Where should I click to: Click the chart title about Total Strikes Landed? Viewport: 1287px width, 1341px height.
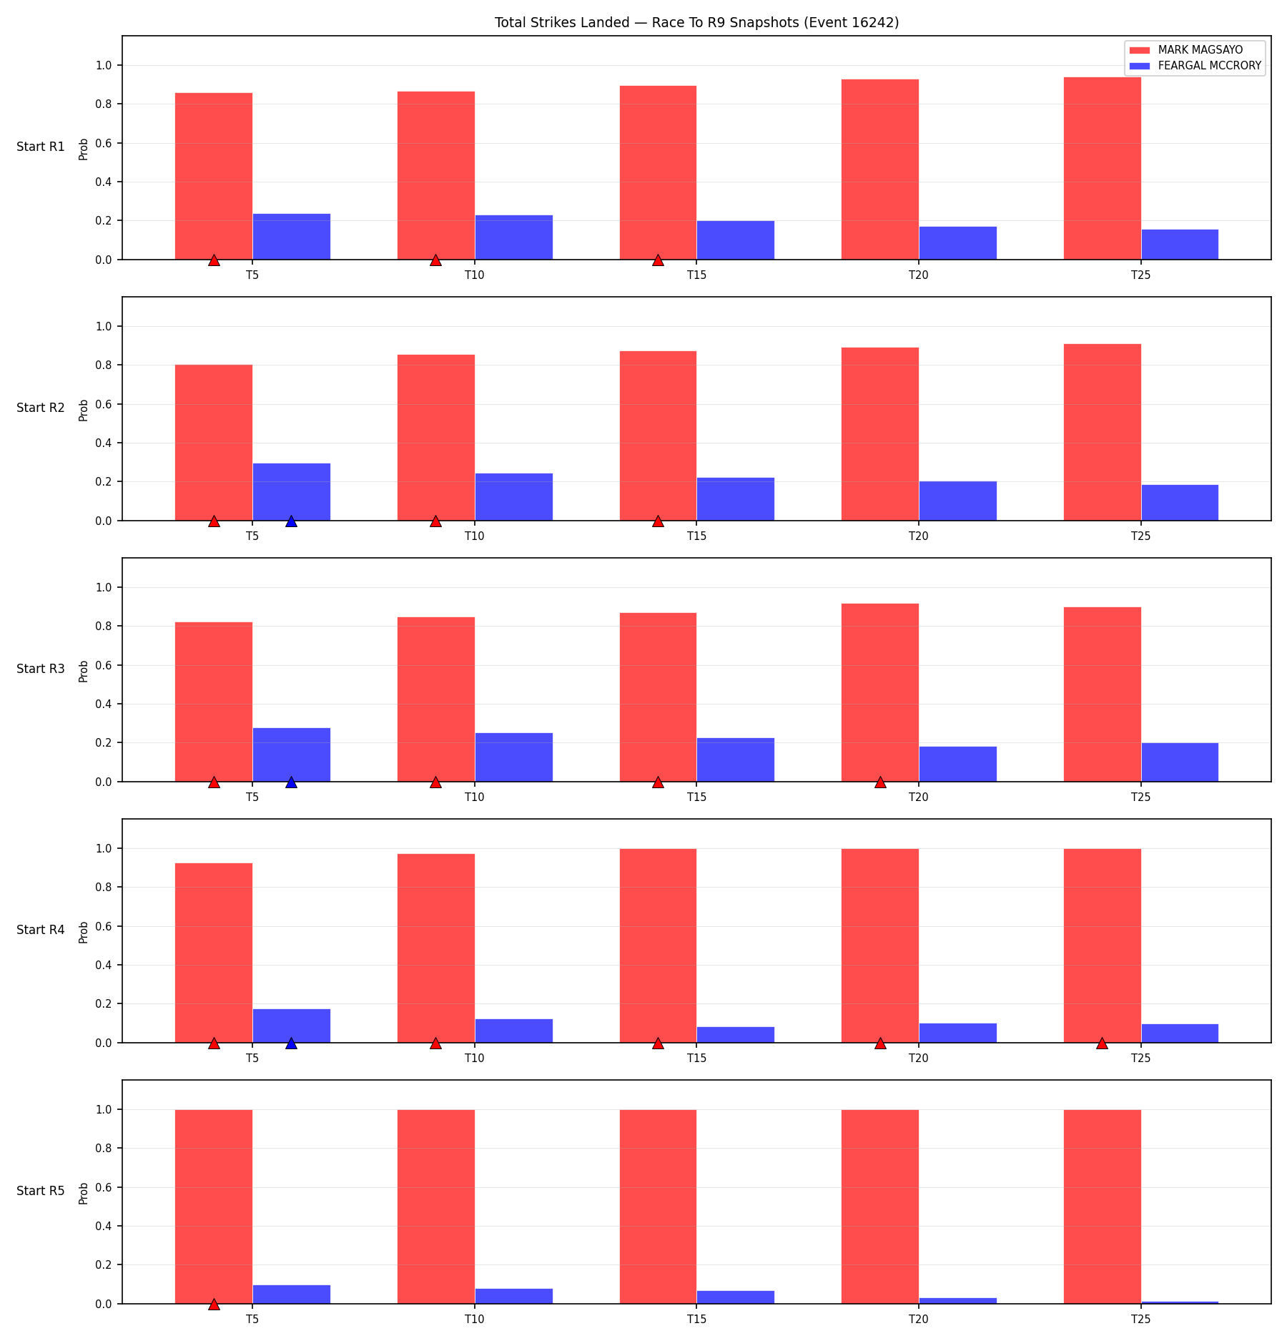point(696,22)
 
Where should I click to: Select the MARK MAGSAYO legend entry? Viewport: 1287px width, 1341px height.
point(1186,50)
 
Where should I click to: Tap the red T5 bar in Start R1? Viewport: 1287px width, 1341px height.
point(214,176)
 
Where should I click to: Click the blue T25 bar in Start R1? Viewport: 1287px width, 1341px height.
point(1180,245)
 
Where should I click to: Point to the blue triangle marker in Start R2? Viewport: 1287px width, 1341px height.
point(291,521)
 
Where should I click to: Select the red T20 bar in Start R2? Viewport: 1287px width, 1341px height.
point(880,434)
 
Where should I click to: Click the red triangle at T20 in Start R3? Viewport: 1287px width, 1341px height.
point(880,782)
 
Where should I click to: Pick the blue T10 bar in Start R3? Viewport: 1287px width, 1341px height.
point(513,757)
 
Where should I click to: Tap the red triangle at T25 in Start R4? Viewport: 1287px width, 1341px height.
point(1102,1043)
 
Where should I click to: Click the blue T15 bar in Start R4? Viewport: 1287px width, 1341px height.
point(736,1035)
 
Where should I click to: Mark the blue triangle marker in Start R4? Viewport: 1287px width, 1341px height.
point(291,1043)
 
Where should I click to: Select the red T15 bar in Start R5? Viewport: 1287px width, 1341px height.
point(658,1207)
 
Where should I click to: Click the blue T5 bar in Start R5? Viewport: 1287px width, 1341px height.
point(291,1295)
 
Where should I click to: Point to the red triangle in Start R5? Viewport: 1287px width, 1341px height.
point(214,1304)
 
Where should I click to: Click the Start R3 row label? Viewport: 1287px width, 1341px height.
point(41,669)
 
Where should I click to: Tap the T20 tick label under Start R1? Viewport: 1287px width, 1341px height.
point(919,275)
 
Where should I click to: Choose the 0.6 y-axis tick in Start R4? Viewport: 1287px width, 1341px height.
point(103,926)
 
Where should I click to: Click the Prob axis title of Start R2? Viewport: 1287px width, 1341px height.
point(84,410)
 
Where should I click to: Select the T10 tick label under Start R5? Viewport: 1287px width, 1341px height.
point(475,1319)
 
